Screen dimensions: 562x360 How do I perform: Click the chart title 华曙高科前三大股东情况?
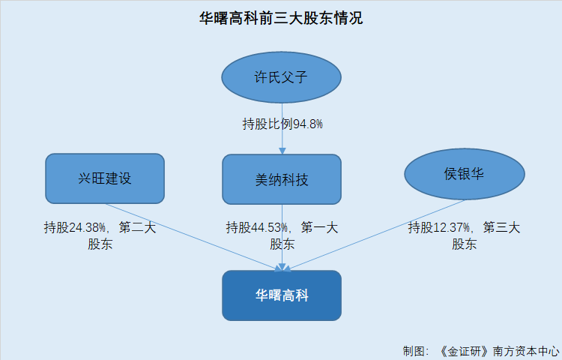281,18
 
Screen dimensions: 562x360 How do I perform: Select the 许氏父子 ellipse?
281,77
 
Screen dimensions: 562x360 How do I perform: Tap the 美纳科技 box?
282,179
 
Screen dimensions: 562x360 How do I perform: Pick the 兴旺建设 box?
105,178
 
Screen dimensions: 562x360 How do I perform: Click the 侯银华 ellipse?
465,174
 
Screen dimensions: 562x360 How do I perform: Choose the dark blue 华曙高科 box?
282,295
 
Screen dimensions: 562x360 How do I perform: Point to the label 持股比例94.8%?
282,124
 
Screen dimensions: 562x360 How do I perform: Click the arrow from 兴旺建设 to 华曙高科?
194,237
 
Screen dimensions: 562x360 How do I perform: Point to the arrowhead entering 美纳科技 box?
282,151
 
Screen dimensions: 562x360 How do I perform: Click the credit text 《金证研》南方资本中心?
499,352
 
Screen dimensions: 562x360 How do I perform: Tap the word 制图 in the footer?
413,352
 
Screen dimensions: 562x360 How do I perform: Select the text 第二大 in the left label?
138,227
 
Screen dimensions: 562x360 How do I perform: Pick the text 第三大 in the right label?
502,227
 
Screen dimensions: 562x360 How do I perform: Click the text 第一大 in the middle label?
320,227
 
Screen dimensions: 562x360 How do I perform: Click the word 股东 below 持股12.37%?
464,244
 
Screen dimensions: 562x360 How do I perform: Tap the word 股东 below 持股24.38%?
100,244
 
